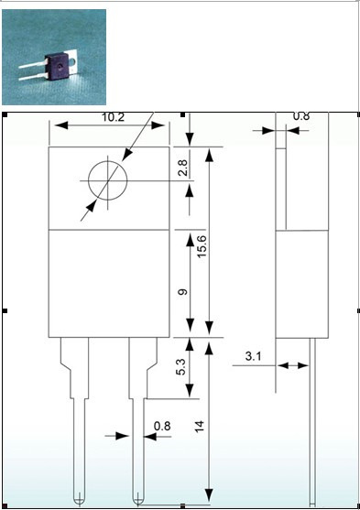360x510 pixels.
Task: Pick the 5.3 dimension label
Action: [x=182, y=368]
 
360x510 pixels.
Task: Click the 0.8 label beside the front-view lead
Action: [x=162, y=425]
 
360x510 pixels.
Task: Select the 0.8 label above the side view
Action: [x=300, y=117]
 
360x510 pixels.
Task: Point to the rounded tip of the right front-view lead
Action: [x=138, y=497]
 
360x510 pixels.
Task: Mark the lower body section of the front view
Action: [x=110, y=282]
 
